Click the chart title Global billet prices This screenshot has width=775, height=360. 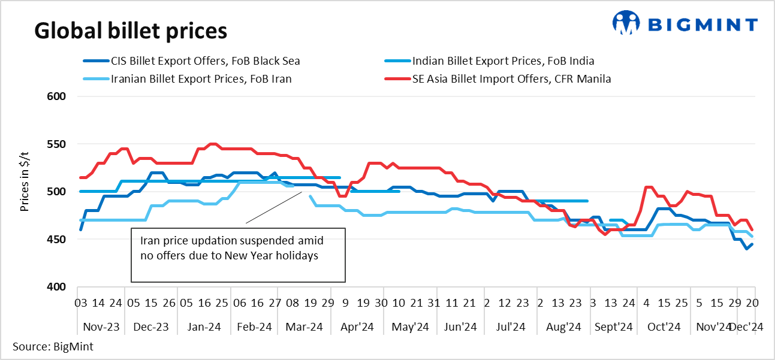tap(130, 30)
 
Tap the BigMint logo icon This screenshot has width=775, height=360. tap(626, 23)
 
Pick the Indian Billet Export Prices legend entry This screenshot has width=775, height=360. tap(503, 60)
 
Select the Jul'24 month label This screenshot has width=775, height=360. tap(511, 327)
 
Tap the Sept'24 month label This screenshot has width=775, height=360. tap(614, 327)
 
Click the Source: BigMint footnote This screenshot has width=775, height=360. tap(53, 346)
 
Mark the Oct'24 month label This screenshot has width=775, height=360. tap(664, 327)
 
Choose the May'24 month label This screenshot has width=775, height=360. tap(410, 327)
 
